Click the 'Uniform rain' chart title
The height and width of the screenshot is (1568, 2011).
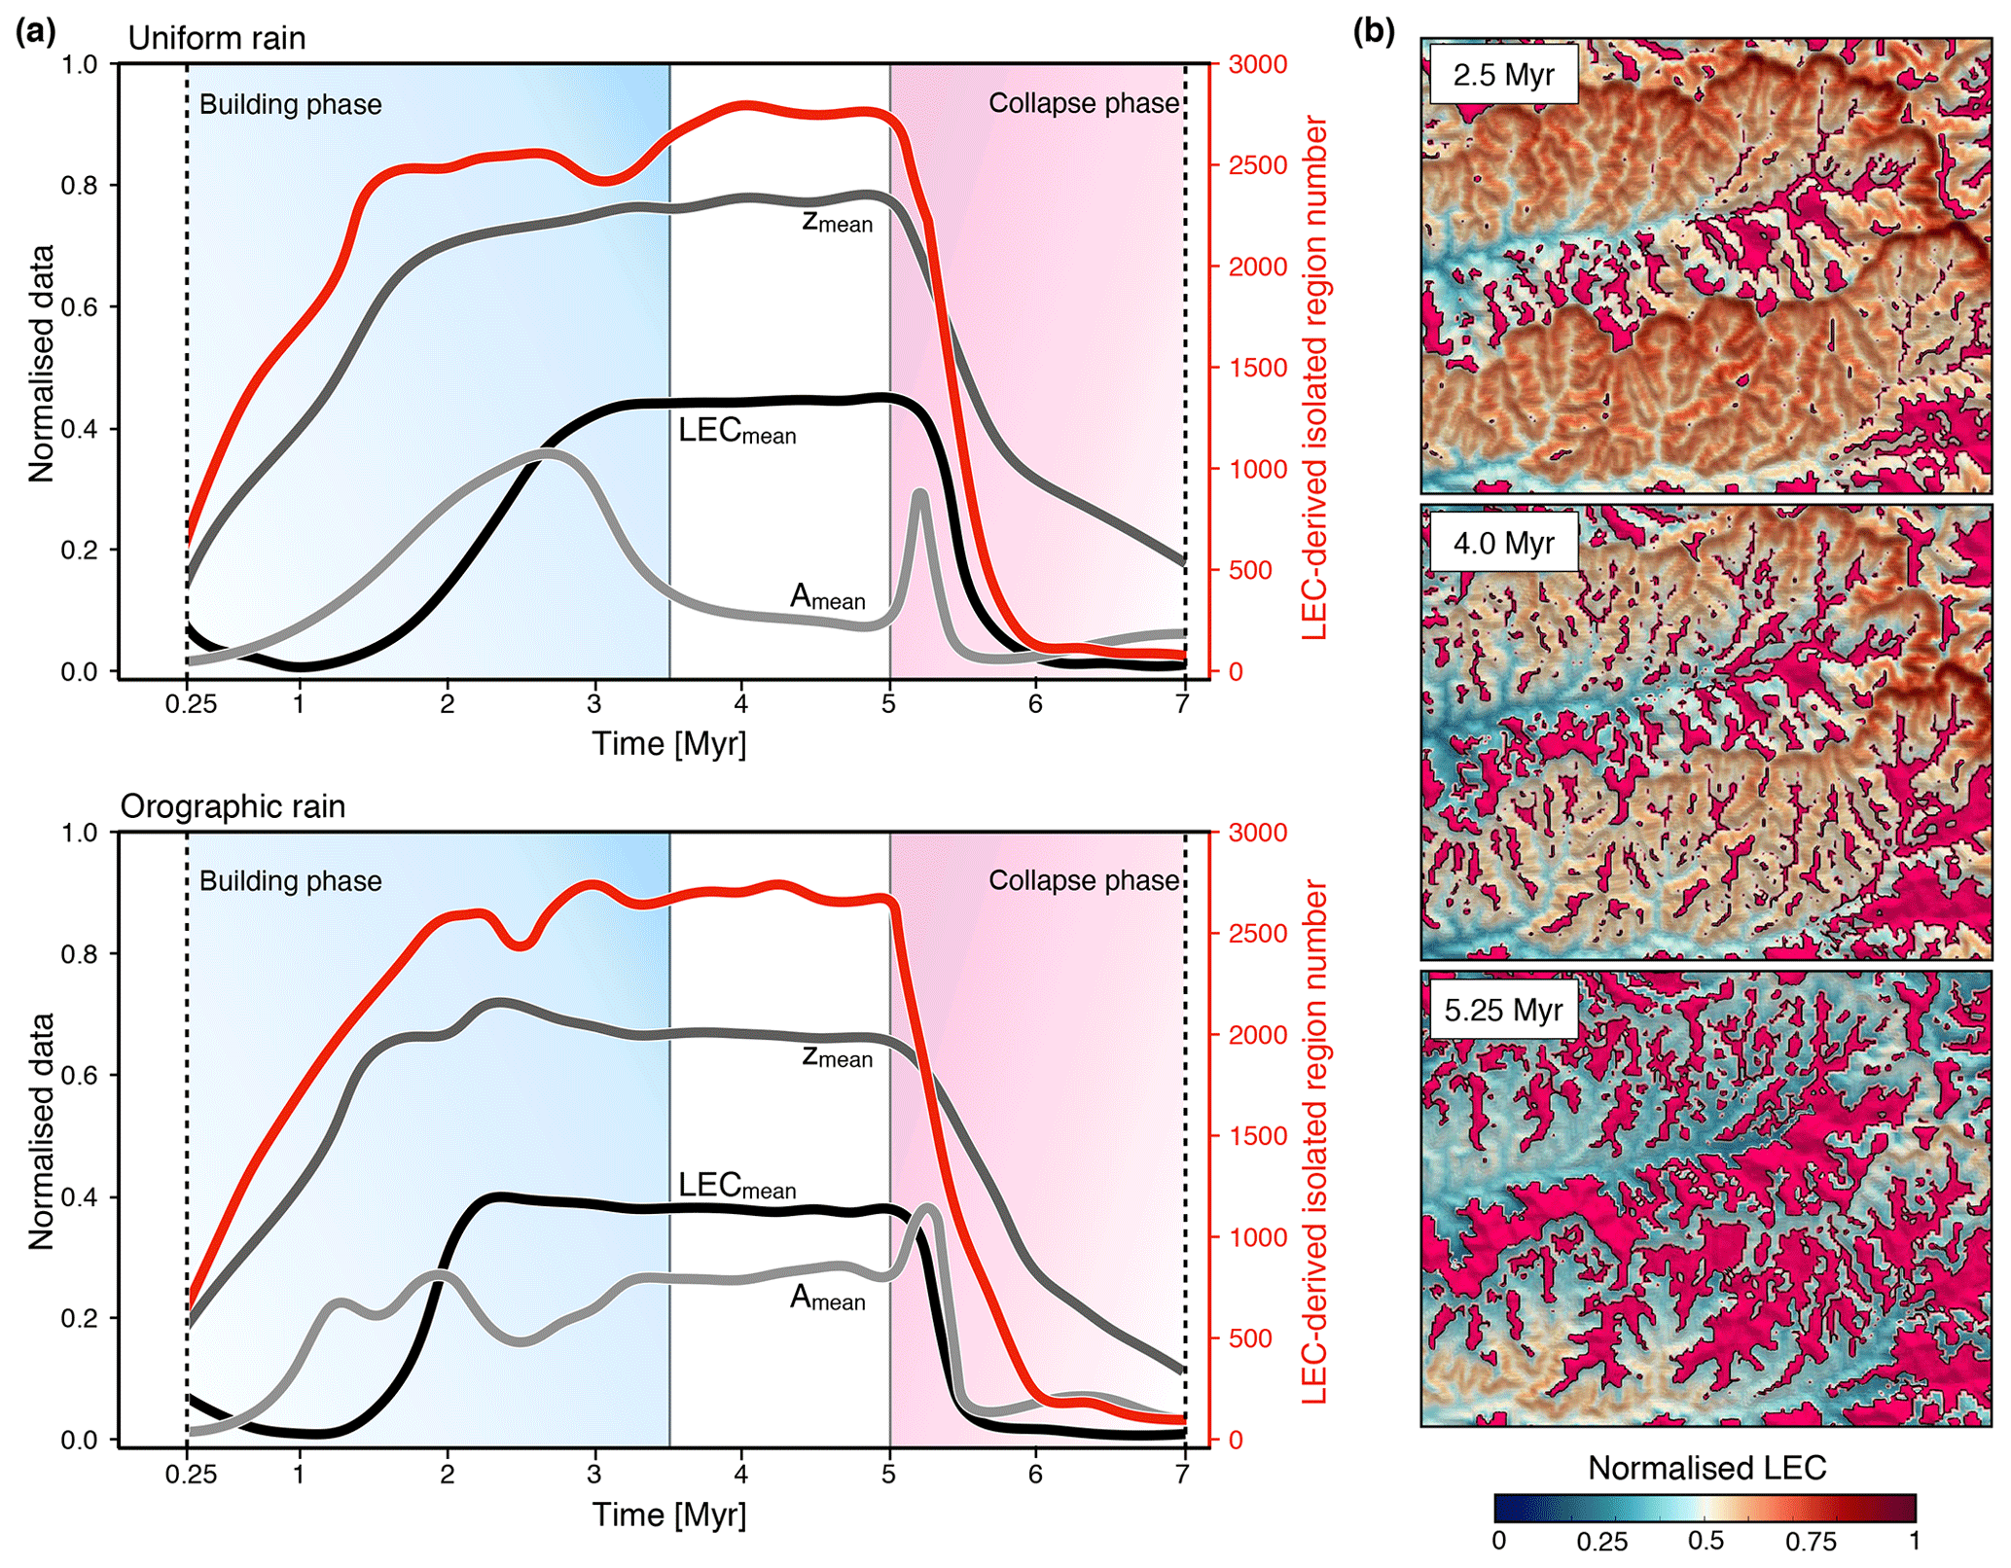[x=216, y=38]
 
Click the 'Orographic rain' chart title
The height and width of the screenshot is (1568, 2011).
[x=233, y=806]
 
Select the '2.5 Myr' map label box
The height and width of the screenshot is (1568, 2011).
[x=1503, y=75]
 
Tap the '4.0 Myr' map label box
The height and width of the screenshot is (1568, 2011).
[x=1503, y=542]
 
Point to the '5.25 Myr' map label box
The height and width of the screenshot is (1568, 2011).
[x=1503, y=1010]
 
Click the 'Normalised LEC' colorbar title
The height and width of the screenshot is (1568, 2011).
[x=1706, y=1468]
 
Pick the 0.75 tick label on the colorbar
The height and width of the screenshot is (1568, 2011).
[x=1810, y=1542]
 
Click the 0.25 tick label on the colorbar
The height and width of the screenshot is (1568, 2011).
[x=1602, y=1542]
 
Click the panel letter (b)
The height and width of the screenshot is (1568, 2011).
[x=1374, y=32]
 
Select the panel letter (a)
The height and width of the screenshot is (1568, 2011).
[x=36, y=32]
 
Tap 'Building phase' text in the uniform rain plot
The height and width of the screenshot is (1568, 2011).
[x=290, y=105]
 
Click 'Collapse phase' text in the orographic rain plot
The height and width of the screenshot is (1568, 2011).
[x=1084, y=880]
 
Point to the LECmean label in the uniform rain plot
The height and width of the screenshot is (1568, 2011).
[x=736, y=431]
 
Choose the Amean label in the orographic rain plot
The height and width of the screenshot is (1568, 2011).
[x=827, y=1298]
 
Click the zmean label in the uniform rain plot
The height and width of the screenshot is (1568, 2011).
[x=837, y=221]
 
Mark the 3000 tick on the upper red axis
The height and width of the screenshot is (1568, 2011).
[x=1258, y=64]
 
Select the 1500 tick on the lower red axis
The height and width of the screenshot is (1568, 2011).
[x=1258, y=1136]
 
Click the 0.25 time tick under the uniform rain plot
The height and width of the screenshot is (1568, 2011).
[x=191, y=704]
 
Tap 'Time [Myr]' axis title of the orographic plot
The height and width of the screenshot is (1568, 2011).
[x=669, y=1515]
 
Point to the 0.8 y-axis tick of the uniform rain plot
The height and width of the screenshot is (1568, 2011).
[x=80, y=186]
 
